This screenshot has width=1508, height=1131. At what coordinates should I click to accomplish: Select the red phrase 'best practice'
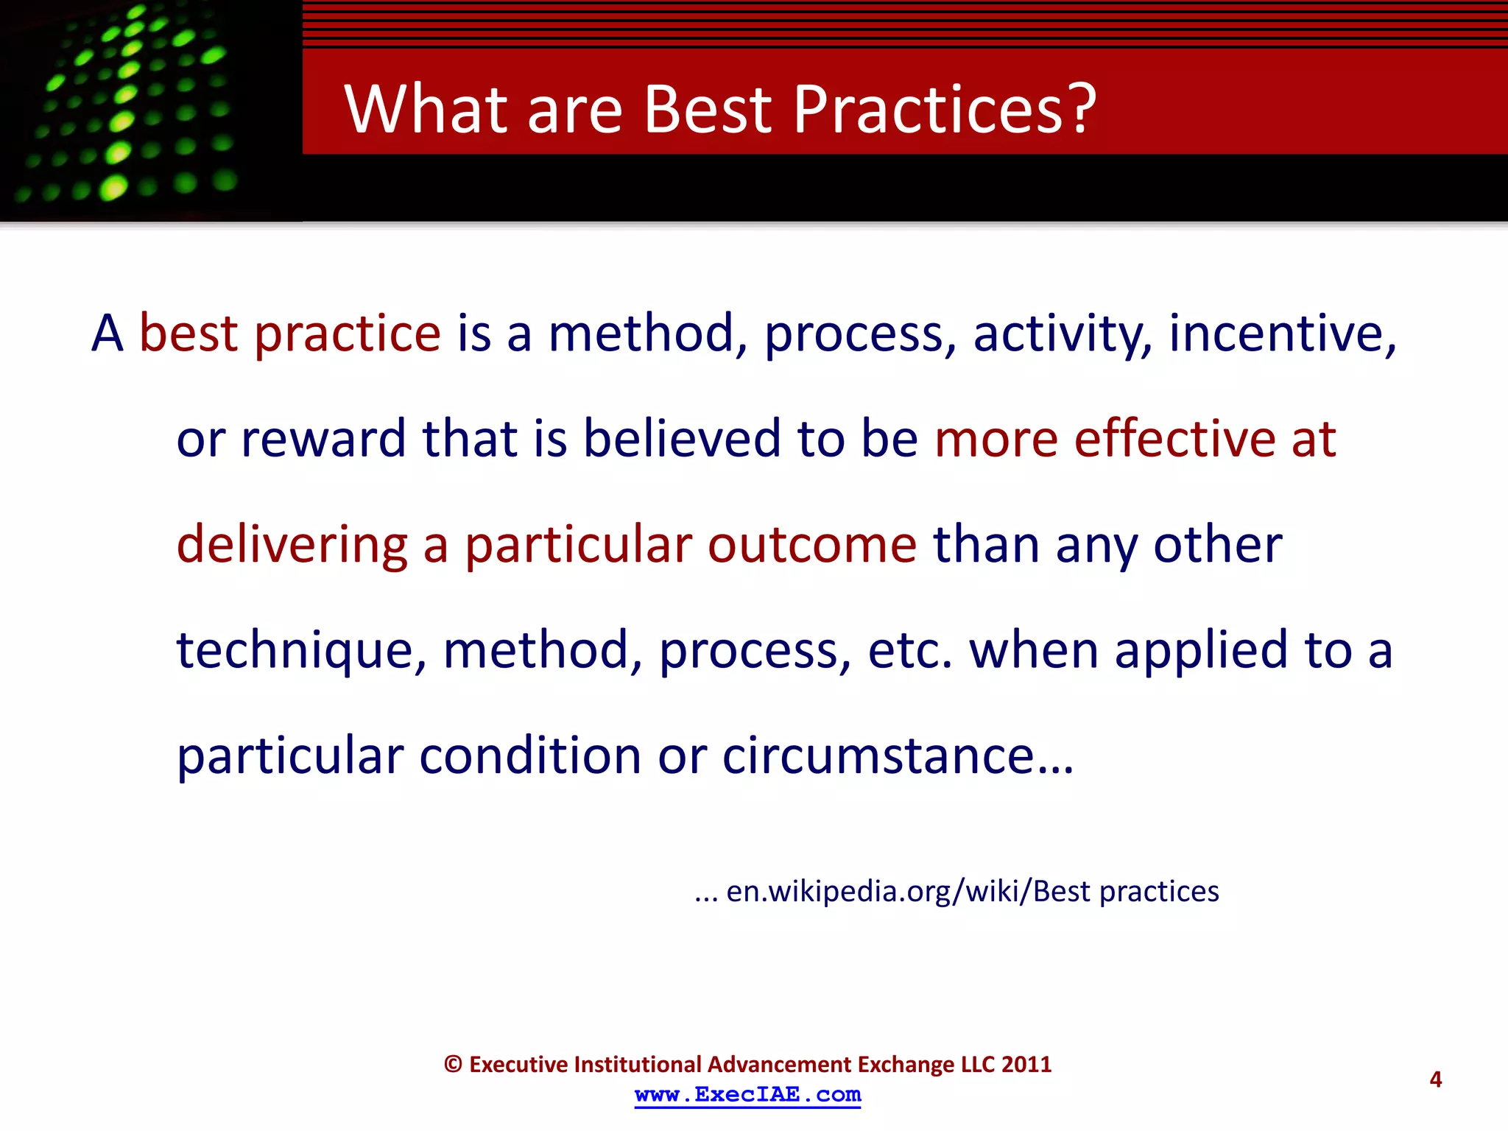coord(290,334)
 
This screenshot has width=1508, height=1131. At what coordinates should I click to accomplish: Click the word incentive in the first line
coord(1282,334)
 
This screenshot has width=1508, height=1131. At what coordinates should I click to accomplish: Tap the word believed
coord(682,439)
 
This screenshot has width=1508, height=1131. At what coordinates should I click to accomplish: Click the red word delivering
coord(292,546)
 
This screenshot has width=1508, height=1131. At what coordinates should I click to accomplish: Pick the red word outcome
coord(812,546)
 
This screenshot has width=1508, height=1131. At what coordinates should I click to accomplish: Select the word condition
coord(530,756)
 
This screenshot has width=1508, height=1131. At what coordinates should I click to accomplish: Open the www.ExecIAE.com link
coord(747,1095)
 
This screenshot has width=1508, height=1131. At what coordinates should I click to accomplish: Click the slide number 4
coord(1435,1079)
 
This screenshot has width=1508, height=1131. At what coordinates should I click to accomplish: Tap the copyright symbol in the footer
coord(453,1065)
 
